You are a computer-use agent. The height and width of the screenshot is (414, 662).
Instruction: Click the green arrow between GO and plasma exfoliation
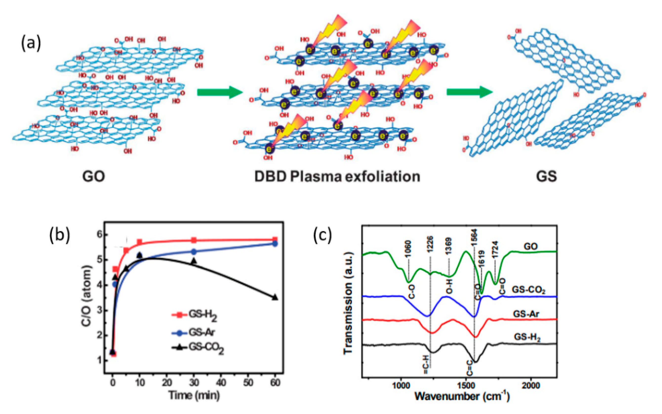220,92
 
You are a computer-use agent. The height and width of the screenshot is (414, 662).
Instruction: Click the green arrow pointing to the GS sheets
469,92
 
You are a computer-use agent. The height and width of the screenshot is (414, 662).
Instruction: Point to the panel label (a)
31,44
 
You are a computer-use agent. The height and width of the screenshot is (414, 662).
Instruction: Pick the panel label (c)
322,235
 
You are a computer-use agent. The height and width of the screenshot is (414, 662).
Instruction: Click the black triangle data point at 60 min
275,298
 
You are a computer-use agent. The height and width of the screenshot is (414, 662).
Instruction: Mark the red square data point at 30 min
194,240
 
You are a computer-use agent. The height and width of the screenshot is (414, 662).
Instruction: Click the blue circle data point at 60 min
275,243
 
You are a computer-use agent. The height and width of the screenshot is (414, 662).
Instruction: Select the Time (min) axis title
194,395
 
